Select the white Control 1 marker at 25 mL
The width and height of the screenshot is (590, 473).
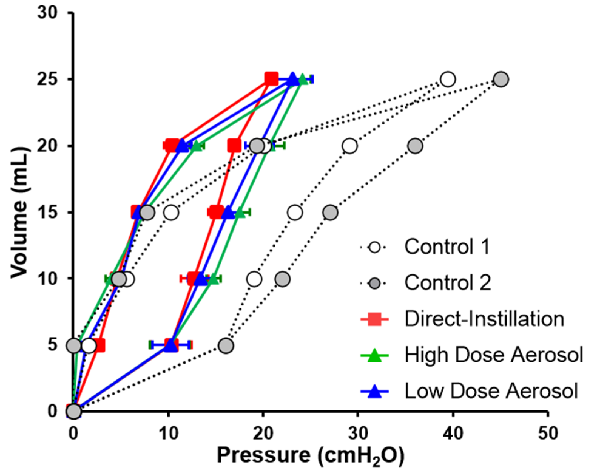(x=448, y=79)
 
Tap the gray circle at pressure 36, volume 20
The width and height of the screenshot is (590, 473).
(x=415, y=146)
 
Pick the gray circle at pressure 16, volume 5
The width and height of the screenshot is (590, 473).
(x=226, y=345)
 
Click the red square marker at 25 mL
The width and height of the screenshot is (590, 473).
(x=271, y=79)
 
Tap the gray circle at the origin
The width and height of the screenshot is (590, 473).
(x=74, y=412)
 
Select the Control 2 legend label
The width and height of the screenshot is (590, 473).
(x=448, y=283)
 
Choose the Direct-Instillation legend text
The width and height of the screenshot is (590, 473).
(x=484, y=319)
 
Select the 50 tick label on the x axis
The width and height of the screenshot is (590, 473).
(x=548, y=434)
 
